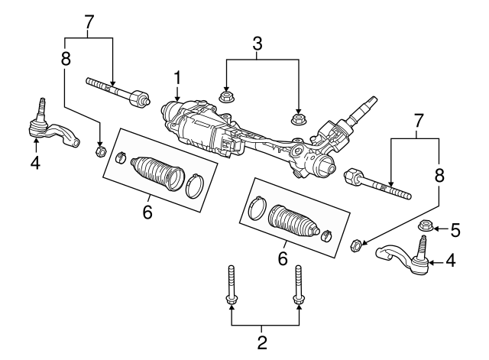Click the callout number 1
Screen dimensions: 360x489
pyautogui.click(x=177, y=77)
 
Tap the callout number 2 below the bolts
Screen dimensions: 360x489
pyautogui.click(x=262, y=342)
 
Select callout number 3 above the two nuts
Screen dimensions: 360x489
pyautogui.click(x=257, y=44)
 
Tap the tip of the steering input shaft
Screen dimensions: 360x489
pyautogui.click(x=373, y=100)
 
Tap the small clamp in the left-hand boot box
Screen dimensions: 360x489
pyautogui.click(x=120, y=158)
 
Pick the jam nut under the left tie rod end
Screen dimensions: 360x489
pyautogui.click(x=99, y=149)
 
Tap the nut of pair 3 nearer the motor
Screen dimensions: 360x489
pyautogui.click(x=226, y=96)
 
